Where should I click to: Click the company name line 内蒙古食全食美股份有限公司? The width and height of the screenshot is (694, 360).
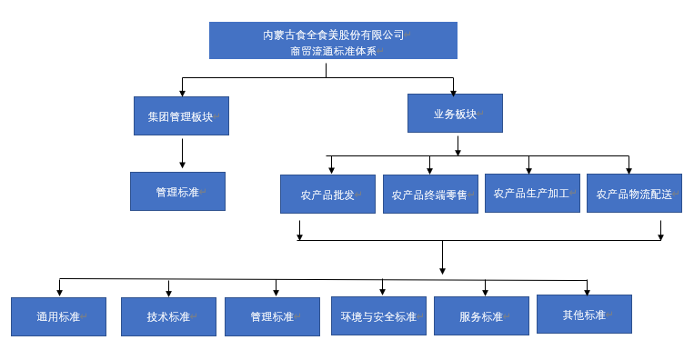(x=333, y=35)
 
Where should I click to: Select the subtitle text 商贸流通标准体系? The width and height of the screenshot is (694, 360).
(x=333, y=51)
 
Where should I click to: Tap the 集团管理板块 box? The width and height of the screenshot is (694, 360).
(x=181, y=116)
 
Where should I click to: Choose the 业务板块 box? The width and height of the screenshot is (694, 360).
(x=455, y=114)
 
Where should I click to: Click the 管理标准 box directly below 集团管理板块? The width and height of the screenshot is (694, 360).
(x=177, y=192)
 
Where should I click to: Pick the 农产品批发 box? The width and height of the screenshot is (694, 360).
(x=327, y=195)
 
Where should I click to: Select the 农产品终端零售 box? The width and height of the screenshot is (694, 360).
(x=429, y=195)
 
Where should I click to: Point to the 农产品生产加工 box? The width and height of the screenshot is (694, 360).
(x=531, y=194)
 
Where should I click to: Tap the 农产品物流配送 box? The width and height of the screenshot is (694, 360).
(x=634, y=194)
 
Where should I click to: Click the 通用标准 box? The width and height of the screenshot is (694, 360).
(x=58, y=316)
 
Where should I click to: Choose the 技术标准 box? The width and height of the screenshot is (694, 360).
(x=168, y=316)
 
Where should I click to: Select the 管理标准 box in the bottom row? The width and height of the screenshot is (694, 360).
(x=272, y=316)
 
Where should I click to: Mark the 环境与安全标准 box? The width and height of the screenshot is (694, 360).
(x=378, y=316)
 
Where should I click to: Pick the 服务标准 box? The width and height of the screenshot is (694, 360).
(x=481, y=316)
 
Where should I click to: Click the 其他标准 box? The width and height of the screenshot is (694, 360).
(x=584, y=315)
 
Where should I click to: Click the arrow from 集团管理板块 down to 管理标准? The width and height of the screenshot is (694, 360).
(x=182, y=153)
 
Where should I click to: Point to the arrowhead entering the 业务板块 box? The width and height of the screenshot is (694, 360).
(x=454, y=90)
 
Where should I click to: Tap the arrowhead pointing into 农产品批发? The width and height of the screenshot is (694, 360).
(x=331, y=170)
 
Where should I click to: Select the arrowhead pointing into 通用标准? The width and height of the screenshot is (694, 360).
(x=60, y=292)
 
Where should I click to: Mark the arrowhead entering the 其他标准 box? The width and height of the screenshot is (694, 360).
(x=587, y=291)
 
